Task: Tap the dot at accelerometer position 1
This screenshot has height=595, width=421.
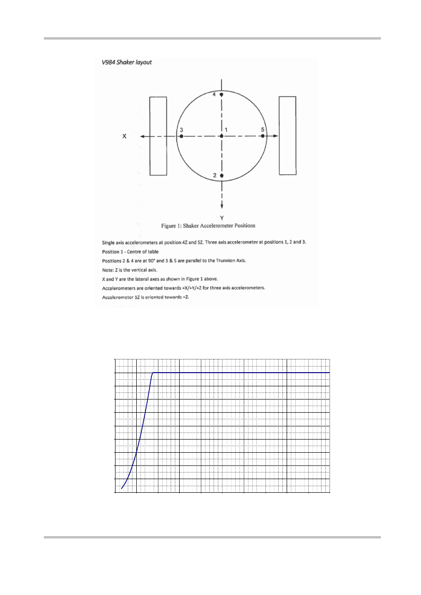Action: pos(222,136)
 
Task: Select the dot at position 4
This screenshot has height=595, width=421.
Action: pos(222,95)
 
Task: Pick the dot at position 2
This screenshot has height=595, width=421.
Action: pos(222,176)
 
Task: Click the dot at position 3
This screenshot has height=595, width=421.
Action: pos(181,136)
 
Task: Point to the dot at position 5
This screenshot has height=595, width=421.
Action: pos(263,136)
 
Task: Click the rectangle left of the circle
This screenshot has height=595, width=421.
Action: pos(158,136)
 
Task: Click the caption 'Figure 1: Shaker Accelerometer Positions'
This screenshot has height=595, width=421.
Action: pos(208,226)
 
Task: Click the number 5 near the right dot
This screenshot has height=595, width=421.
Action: pos(263,130)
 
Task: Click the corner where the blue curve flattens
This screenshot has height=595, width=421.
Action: pos(152,373)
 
